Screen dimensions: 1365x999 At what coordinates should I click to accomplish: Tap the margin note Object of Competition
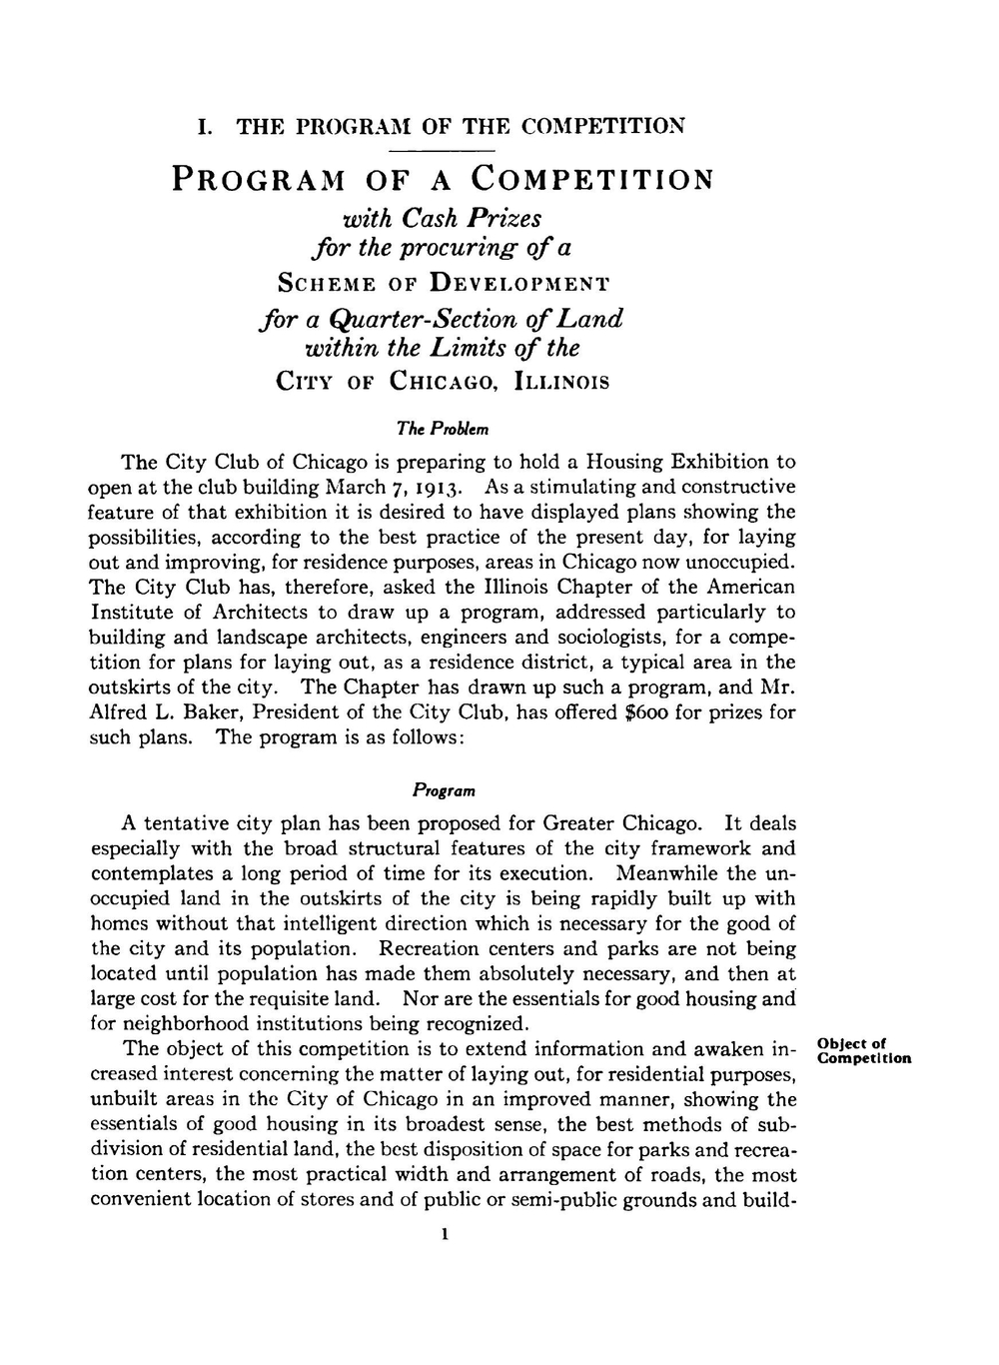(x=863, y=1051)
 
